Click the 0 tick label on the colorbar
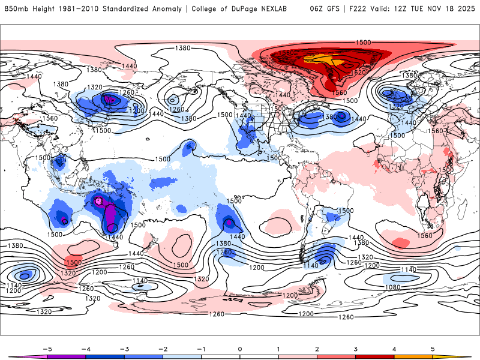pos(240,348)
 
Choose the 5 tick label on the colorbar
pos(433,348)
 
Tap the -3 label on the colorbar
pos(124,348)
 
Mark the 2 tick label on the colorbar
pos(317,348)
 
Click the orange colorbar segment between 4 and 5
pos(413,356)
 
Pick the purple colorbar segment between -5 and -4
pos(67,356)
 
